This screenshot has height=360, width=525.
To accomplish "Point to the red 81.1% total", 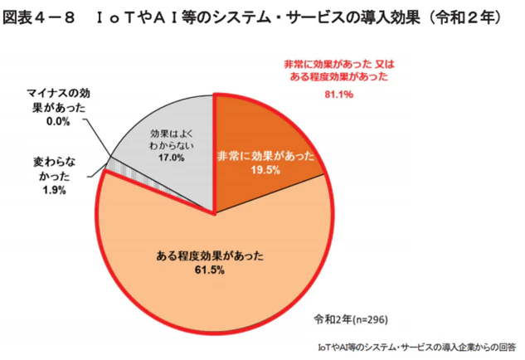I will [339, 95].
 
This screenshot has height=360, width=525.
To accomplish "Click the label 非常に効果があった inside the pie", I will [265, 155].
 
